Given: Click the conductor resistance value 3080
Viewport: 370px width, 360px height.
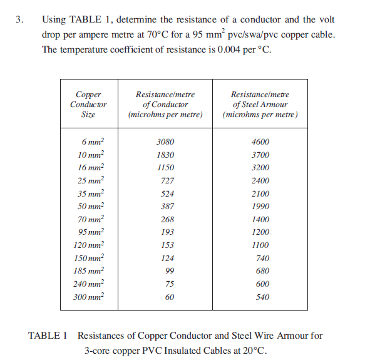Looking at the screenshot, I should (165, 142).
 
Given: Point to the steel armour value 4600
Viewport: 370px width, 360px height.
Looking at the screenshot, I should (260, 142).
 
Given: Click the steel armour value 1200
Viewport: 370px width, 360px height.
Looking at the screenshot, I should (260, 232).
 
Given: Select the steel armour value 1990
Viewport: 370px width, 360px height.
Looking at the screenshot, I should (260, 207).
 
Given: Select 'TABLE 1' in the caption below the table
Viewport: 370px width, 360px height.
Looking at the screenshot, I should (48, 336).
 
